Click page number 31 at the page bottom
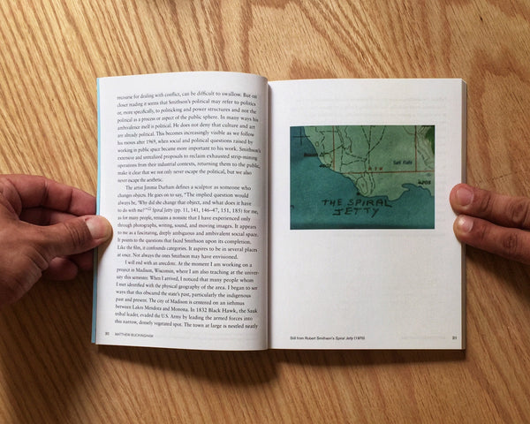[454, 337]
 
